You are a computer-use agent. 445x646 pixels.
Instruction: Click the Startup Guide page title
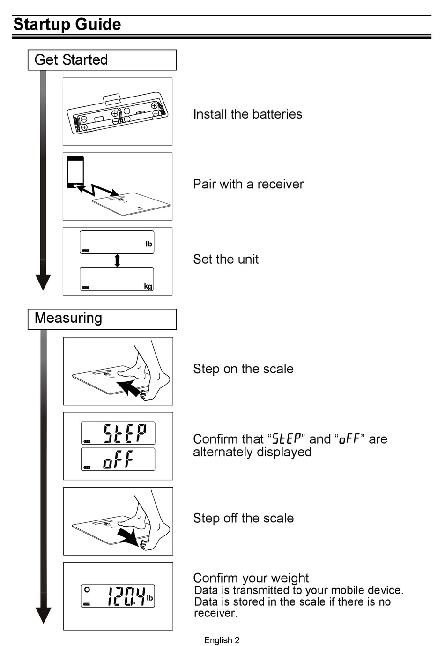tap(67, 24)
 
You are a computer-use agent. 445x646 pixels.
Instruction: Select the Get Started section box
tap(102, 60)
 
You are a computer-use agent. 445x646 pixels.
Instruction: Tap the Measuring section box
tap(102, 319)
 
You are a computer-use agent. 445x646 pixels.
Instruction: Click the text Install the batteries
tap(247, 114)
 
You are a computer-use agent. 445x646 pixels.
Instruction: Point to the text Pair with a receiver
tap(248, 184)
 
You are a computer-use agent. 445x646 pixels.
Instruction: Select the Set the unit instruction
tap(226, 260)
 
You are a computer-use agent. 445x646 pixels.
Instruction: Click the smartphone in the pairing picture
tap(75, 172)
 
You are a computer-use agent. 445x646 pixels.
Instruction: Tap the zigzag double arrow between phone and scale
tap(97, 189)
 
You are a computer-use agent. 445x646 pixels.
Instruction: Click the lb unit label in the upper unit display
tap(148, 244)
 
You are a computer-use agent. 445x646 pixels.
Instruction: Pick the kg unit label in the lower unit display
tap(148, 286)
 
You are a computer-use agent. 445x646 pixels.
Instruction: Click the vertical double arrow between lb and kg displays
tap(117, 260)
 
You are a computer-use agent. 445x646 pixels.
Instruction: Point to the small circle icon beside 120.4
tap(87, 590)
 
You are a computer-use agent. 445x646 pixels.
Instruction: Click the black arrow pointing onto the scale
tap(128, 388)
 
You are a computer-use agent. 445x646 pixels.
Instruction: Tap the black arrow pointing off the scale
tap(128, 536)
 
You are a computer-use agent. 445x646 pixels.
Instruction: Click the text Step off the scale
tap(243, 519)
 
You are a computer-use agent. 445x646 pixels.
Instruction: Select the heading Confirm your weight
tap(251, 578)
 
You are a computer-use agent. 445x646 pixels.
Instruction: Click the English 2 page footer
tap(222, 640)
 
